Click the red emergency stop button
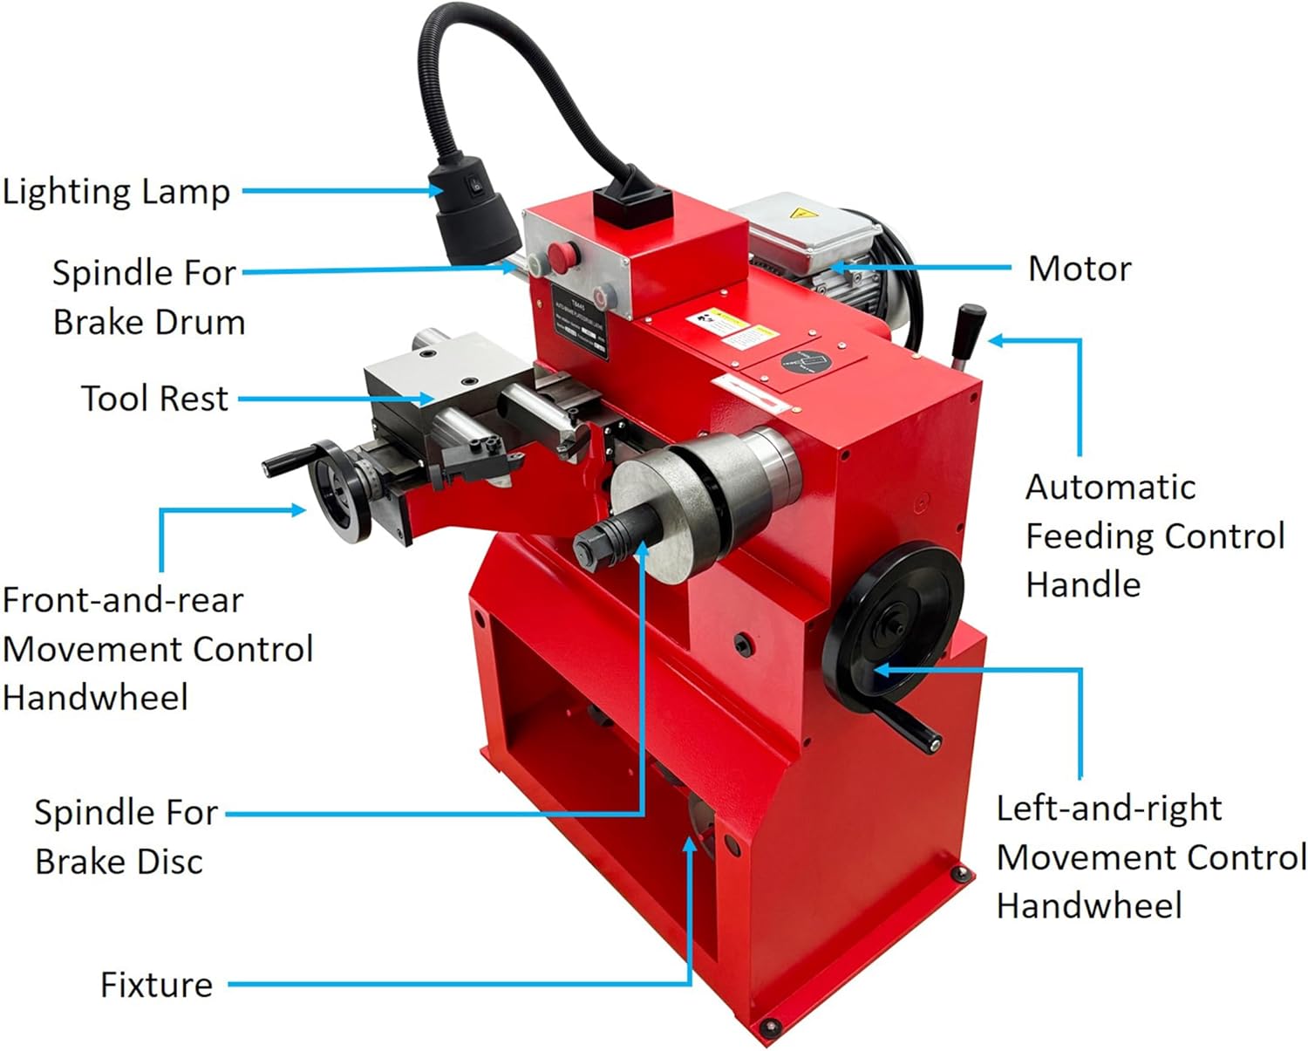[562, 256]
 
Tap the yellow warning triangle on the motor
[796, 213]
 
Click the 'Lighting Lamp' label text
[116, 192]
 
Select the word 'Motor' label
[1080, 269]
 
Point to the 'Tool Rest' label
[154, 399]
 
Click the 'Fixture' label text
[156, 985]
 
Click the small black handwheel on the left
[338, 491]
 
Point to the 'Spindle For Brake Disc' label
[126, 836]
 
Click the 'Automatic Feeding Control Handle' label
[1154, 536]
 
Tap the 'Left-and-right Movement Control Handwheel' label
[1151, 856]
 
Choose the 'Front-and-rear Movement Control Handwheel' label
[157, 649]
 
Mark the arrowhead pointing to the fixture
[691, 844]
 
